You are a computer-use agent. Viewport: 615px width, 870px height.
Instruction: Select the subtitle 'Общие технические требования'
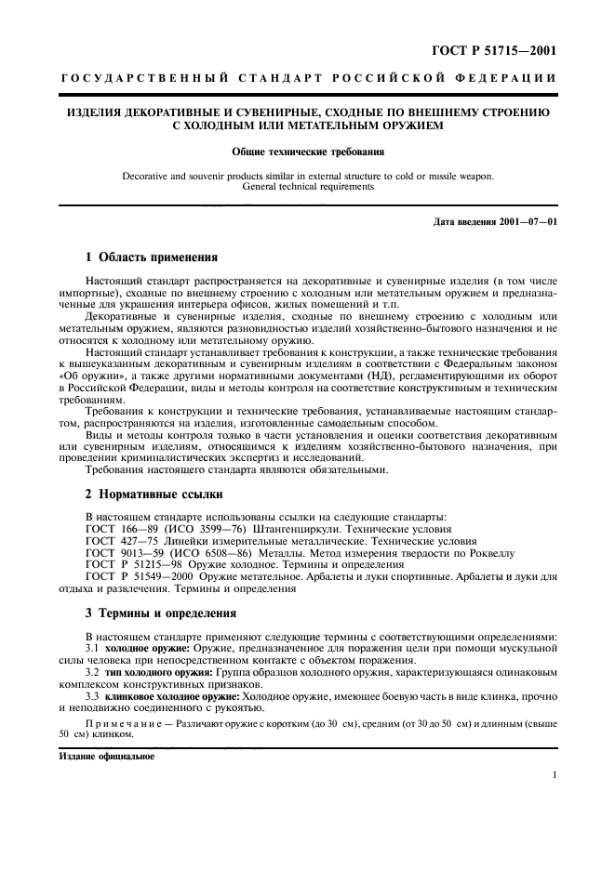click(307, 151)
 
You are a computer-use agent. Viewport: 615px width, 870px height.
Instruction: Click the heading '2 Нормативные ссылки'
click(154, 493)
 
